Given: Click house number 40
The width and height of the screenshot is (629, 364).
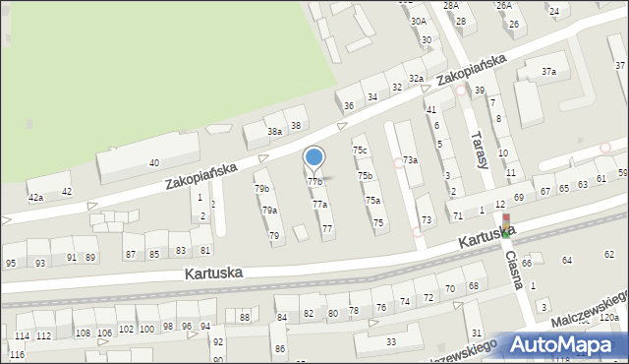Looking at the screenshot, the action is pos(153,162).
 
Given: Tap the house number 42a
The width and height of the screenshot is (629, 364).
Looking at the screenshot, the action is pos(36,198).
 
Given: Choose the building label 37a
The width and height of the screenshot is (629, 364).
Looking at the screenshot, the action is pos(549,71).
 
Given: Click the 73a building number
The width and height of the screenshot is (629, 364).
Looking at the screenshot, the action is pos(410,159).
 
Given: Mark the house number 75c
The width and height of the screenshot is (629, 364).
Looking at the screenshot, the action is pos(361,151).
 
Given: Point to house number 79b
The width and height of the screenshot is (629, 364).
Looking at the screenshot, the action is pos(261,188).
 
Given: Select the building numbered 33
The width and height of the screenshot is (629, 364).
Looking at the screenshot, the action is pos(390,341).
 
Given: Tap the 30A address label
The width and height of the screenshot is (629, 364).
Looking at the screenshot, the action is pos(419,21).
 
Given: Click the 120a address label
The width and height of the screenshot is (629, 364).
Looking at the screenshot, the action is pos(609,318).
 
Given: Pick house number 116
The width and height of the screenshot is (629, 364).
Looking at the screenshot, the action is pos(17,354).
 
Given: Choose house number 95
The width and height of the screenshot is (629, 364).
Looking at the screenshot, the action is pos(11,263).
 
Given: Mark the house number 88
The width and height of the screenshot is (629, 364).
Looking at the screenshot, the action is pos(244,317).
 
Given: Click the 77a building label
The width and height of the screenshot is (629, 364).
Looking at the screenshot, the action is pos(319,205).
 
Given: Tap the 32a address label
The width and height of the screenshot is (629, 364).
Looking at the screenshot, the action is pos(416,78).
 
